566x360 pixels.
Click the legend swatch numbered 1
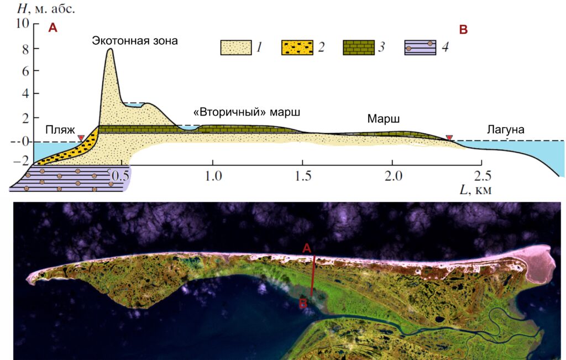[x=236, y=48]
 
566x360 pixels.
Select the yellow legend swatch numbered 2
[x=297, y=48]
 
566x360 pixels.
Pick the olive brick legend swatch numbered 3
[x=358, y=48]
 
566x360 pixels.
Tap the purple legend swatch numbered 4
[x=421, y=48]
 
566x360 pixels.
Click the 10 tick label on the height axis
[x=22, y=23]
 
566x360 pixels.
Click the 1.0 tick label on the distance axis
[x=213, y=176]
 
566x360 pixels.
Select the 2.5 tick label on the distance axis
[x=483, y=176]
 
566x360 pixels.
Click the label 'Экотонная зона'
[x=135, y=40]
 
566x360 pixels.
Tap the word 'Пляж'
[x=60, y=129]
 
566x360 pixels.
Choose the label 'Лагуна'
[x=505, y=129]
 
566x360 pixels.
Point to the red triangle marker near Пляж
[x=81, y=138]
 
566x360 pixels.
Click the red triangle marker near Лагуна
[x=449, y=138]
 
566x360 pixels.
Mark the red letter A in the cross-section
[x=53, y=28]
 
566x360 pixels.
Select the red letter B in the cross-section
[x=463, y=30]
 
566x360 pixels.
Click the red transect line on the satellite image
[x=313, y=275]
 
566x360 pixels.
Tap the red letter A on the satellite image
[x=306, y=248]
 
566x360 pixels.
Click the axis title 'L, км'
[x=475, y=190]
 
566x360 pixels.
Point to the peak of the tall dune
[x=110, y=49]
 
